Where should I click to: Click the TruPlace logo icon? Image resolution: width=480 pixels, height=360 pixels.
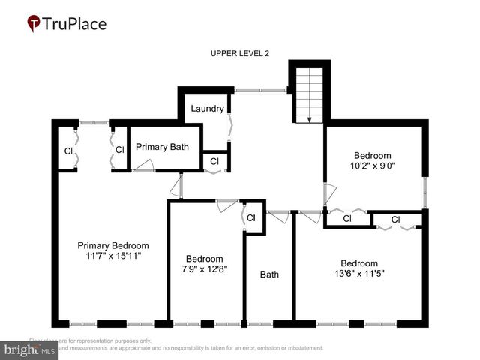(x=34, y=23)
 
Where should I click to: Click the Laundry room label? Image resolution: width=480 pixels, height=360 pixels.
(x=207, y=109)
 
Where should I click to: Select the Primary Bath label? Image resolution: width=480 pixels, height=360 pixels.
(x=162, y=147)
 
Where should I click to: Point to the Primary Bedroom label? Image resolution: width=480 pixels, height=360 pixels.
(x=113, y=245)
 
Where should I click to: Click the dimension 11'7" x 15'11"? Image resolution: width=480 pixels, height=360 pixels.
(x=113, y=256)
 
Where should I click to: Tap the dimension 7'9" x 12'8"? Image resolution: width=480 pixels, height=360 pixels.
(x=205, y=268)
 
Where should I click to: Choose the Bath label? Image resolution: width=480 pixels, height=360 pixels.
(x=269, y=274)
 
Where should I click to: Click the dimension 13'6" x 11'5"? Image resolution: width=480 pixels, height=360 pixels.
(x=358, y=273)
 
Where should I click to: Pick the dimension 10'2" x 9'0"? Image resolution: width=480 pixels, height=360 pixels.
(x=373, y=165)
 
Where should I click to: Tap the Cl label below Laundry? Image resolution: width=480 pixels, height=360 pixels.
(x=214, y=161)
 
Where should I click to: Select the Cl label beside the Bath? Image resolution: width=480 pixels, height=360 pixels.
(x=251, y=218)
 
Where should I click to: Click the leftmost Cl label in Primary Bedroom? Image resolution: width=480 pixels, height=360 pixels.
(x=68, y=151)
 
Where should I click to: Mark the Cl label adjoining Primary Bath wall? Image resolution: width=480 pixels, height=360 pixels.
(x=119, y=151)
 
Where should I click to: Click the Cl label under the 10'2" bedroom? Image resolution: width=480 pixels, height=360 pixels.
(x=347, y=219)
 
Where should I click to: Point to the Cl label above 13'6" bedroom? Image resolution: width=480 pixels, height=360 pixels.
(x=395, y=220)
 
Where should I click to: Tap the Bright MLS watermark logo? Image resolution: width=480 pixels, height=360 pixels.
(x=30, y=349)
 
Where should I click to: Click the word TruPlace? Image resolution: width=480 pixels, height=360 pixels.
(x=75, y=23)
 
